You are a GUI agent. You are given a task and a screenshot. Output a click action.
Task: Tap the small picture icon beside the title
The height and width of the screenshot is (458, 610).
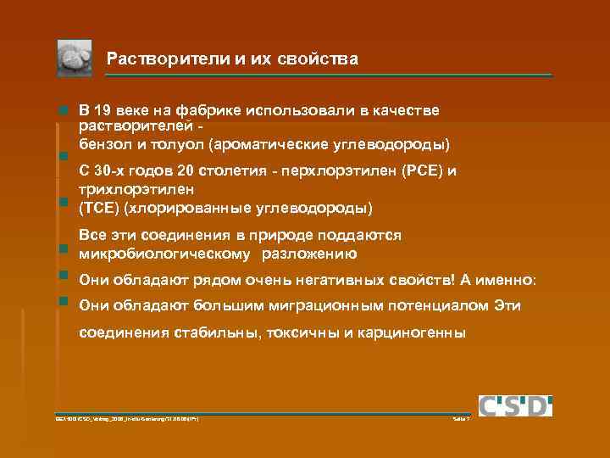pos(75,59)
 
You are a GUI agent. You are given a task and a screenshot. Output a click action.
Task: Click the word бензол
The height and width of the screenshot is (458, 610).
pos(103,142)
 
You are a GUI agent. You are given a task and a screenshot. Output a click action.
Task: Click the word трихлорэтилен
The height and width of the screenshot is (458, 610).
pos(136,188)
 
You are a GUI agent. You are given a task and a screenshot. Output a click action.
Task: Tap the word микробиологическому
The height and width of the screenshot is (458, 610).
pos(164,253)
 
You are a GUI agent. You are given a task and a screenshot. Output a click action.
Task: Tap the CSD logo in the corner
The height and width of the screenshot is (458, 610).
pos(515,405)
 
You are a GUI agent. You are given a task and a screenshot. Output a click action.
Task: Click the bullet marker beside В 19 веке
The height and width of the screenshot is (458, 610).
pos(63,111)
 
